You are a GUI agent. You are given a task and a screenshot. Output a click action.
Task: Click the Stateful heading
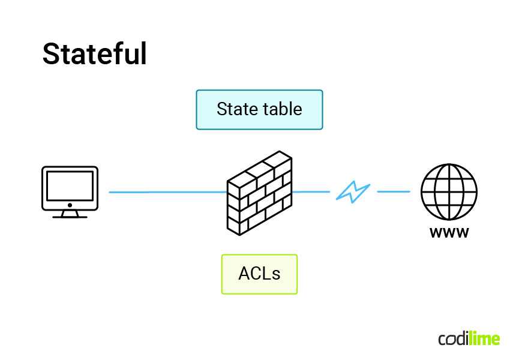click(x=94, y=54)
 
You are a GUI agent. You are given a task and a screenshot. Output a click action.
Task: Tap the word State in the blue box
click(x=236, y=109)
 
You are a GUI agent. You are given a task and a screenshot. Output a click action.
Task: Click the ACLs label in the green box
click(x=259, y=274)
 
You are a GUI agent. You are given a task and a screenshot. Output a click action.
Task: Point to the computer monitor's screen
click(x=70, y=185)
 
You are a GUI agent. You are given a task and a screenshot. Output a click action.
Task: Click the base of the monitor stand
click(x=70, y=216)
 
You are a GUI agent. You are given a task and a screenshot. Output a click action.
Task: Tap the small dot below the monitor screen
click(x=70, y=205)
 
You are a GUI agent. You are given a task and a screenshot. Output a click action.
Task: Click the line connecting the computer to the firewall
click(x=168, y=192)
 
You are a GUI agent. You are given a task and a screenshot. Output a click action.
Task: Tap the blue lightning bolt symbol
click(x=353, y=192)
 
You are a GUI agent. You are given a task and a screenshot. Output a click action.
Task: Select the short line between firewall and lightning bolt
click(x=311, y=192)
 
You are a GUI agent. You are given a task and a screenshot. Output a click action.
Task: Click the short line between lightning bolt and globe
click(x=394, y=192)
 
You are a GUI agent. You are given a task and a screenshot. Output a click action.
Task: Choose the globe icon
click(x=449, y=192)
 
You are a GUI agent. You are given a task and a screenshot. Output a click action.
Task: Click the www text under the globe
click(x=449, y=233)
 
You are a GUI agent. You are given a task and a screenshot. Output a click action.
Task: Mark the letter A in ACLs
click(x=245, y=274)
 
